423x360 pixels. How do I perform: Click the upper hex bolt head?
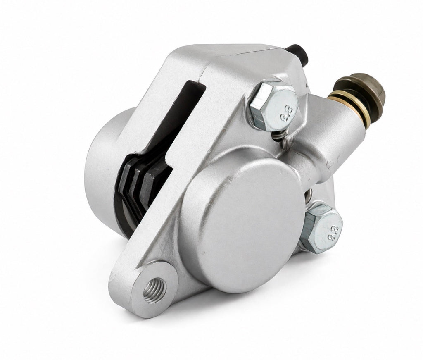coord(274,106)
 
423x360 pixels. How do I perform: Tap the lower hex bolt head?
coord(321,227)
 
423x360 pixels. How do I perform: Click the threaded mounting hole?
coord(154,290)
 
